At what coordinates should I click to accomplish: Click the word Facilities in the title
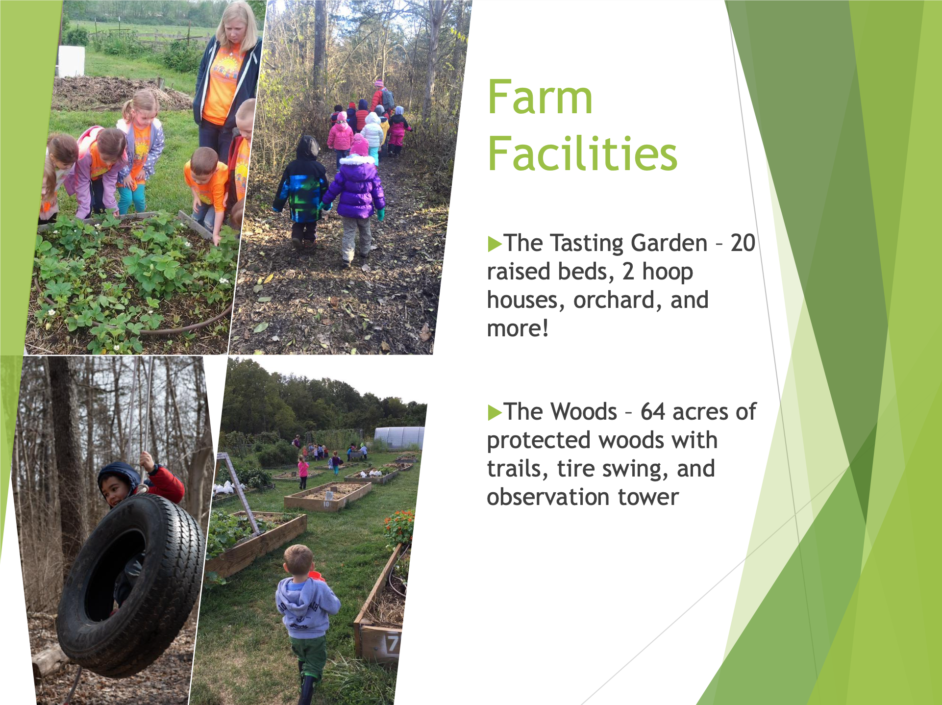point(583,153)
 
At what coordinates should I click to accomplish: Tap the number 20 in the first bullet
point(743,243)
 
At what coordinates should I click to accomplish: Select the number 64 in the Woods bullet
point(653,412)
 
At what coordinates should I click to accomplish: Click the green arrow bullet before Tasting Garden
point(495,244)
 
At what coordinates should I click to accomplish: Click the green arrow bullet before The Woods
point(495,412)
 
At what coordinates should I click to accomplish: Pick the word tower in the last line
point(648,497)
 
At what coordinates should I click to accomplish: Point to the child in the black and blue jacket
point(301,191)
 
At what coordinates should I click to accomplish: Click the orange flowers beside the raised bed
point(399,528)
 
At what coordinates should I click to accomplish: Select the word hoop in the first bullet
point(668,272)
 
